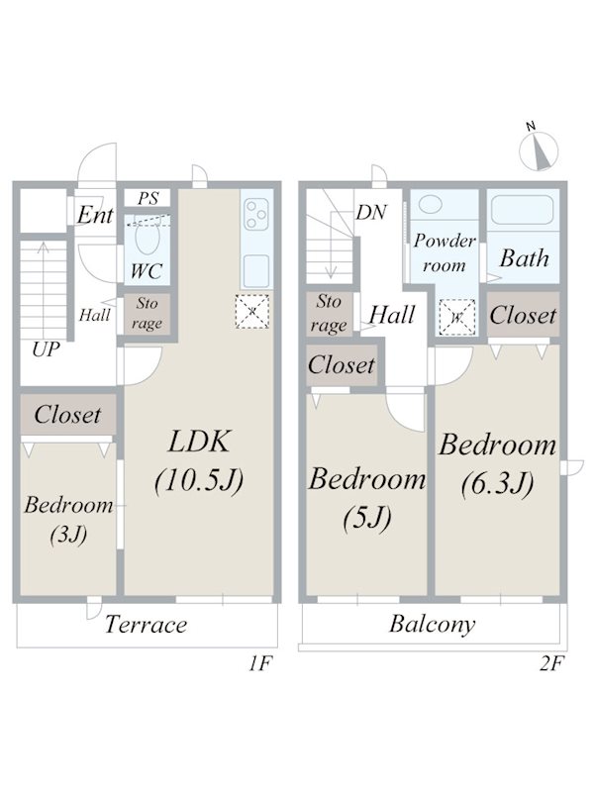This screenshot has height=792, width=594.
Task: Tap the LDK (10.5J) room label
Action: point(198,460)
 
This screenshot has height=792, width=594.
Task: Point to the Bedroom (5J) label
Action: point(366,497)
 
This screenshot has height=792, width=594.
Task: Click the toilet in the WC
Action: point(146,240)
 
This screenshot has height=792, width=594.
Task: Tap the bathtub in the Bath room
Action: point(524,212)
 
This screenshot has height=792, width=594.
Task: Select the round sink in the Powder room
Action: point(432,204)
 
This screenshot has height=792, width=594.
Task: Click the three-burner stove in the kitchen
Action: point(257,214)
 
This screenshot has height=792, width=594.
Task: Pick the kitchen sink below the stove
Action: point(257,268)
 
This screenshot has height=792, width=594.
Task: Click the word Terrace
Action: point(147,625)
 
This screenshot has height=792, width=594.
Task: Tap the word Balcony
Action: point(432,625)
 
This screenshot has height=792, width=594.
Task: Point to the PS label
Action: point(148,199)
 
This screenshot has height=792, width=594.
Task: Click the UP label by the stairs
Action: point(44,349)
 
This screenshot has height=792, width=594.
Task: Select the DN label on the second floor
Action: point(371,213)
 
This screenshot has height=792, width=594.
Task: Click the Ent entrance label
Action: point(96,215)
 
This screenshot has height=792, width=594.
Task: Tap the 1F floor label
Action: point(259,665)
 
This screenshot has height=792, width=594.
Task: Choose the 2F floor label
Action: point(551,665)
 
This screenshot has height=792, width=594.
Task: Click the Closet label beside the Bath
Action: point(523,315)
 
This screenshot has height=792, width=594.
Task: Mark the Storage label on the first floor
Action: point(147,313)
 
